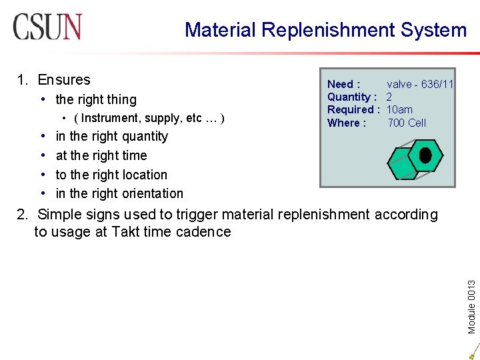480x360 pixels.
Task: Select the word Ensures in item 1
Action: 64,80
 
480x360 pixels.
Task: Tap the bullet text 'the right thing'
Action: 96,99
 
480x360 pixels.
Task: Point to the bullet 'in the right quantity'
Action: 112,136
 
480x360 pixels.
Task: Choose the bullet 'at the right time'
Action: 101,155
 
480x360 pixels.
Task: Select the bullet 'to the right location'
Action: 111,175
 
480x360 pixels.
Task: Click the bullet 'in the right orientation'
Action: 119,193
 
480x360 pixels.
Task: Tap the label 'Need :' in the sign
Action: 343,84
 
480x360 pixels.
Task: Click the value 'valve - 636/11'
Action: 420,84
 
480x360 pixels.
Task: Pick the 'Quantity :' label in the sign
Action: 352,97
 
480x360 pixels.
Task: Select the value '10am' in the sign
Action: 399,109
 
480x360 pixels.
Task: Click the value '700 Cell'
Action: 407,123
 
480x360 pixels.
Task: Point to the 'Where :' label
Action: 346,123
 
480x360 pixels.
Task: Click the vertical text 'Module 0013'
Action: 471,297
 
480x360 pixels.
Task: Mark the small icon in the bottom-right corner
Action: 471,351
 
